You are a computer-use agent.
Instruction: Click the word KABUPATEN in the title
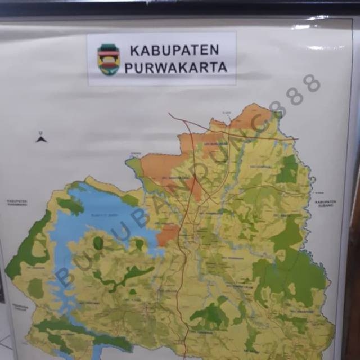[x=174, y=50]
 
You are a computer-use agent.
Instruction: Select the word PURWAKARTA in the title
[x=175, y=67]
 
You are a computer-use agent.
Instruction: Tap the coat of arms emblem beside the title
[x=108, y=59]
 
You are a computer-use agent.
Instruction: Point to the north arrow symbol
[x=41, y=137]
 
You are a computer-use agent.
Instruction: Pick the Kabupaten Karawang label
[x=17, y=203]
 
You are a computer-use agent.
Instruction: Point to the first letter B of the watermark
[x=64, y=277]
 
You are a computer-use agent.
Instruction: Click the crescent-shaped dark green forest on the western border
[x=25, y=247]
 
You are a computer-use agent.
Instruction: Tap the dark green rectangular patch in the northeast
[x=288, y=169]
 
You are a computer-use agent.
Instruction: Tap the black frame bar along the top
[x=180, y=7]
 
